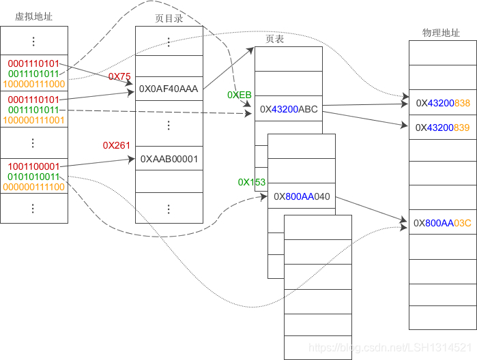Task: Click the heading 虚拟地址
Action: pyautogui.click(x=33, y=17)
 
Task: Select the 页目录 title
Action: pyautogui.click(x=169, y=18)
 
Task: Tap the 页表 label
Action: pyautogui.click(x=274, y=40)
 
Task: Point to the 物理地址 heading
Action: pyautogui.click(x=442, y=32)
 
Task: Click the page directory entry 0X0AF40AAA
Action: pyautogui.click(x=169, y=89)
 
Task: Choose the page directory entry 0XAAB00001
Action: pyautogui.click(x=169, y=158)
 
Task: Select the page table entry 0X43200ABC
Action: pyautogui.click(x=289, y=108)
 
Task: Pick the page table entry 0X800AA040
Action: pyautogui.click(x=302, y=196)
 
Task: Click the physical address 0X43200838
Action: pyautogui.click(x=443, y=102)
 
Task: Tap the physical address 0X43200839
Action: pyautogui.click(x=443, y=127)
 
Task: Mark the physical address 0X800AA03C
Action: pyautogui.click(x=443, y=222)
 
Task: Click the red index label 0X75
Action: pyautogui.click(x=119, y=76)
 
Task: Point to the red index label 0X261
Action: pyautogui.click(x=117, y=145)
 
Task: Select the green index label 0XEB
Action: pyautogui.click(x=240, y=95)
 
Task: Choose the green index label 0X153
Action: pyautogui.click(x=252, y=182)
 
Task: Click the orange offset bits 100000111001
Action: pyautogui.click(x=34, y=119)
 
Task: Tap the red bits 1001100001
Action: pyautogui.click(x=34, y=166)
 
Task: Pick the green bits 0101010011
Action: pyautogui.click(x=34, y=176)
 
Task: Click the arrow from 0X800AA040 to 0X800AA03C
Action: pyautogui.click(x=372, y=209)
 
